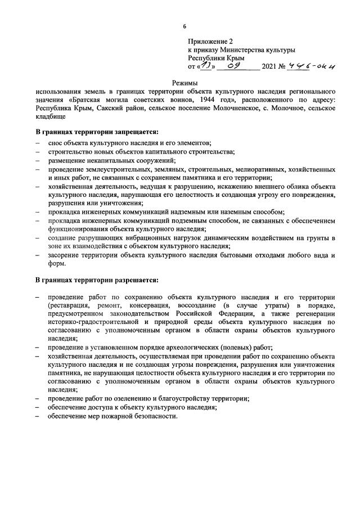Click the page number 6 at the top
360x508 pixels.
coord(184,26)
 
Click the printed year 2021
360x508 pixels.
coord(269,66)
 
